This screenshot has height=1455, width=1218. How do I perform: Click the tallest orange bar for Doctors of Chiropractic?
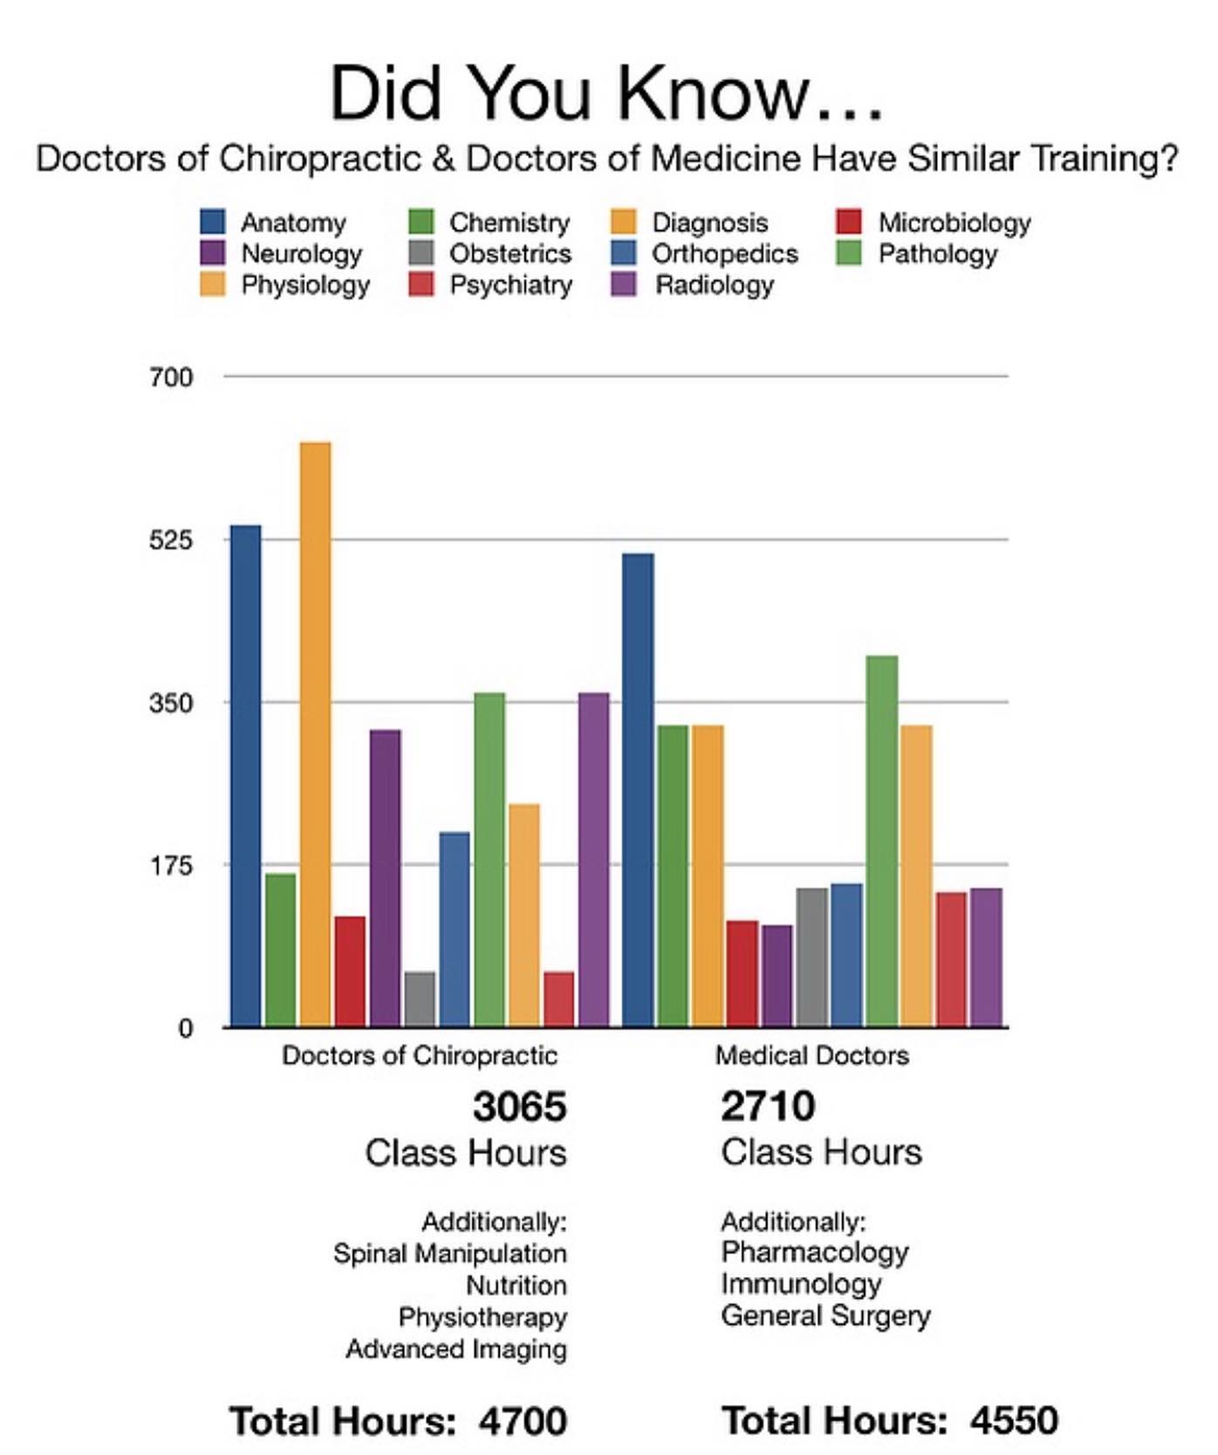[315, 733]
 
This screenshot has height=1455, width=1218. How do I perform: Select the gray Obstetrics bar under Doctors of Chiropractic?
[420, 999]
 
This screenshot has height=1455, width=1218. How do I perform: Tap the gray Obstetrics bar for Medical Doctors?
[811, 957]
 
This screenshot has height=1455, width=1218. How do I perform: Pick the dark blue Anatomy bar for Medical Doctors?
[638, 790]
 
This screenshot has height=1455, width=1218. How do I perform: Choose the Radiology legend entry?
[714, 285]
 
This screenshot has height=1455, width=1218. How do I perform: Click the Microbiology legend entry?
[954, 223]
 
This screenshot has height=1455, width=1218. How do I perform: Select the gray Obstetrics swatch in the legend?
[421, 254]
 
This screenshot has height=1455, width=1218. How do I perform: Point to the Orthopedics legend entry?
[724, 254]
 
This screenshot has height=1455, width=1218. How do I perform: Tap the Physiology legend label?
[305, 285]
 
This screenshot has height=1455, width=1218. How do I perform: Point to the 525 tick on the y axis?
[170, 540]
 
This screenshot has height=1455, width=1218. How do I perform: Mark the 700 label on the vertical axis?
[170, 377]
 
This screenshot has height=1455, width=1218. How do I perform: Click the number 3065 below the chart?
[519, 1107]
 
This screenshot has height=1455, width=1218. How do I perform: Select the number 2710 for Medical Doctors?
[768, 1107]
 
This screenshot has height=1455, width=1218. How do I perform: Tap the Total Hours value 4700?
[522, 1421]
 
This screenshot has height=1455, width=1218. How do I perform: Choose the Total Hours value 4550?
[1014, 1421]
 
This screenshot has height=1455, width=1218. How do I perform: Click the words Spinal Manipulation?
[449, 1254]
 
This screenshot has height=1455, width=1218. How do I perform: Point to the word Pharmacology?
[815, 1253]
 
